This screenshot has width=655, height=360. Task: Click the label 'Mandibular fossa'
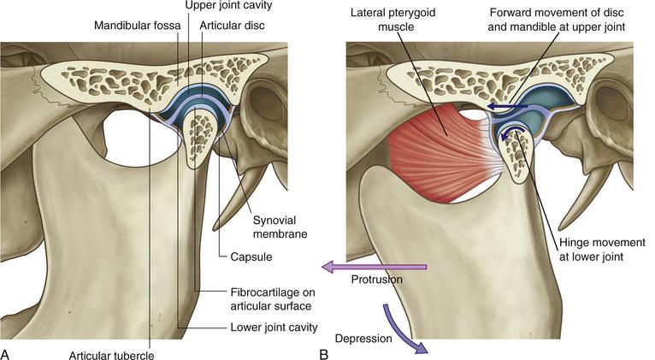(x=134, y=25)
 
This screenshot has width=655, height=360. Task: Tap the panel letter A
(x=6, y=351)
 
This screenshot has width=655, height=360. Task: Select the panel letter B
(x=323, y=351)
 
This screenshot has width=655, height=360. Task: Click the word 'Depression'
(x=363, y=339)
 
